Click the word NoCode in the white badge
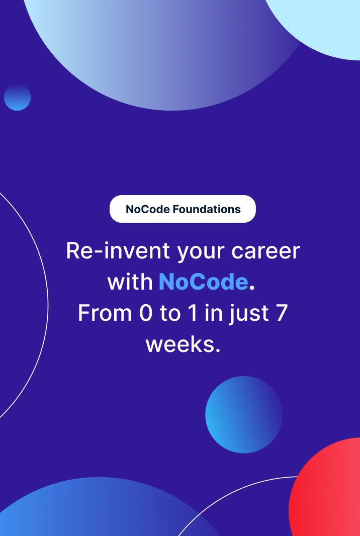147,209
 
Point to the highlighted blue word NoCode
203,282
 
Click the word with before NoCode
130,282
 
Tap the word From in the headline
104,313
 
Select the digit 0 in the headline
145,313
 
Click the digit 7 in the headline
282,313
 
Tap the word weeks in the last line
180,344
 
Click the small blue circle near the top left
17,98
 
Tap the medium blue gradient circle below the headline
244,414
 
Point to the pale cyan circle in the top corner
322,25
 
